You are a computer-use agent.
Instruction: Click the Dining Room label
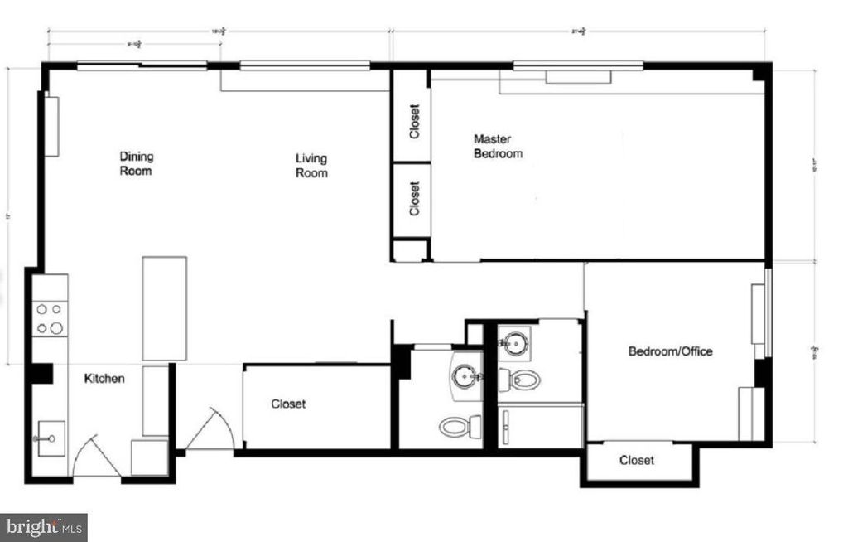pos(137,163)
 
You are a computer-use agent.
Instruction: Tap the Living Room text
pos(312,166)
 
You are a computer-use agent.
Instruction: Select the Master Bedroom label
pos(498,147)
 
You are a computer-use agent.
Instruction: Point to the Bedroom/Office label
pos(670,351)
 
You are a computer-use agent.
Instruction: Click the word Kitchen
pos(105,379)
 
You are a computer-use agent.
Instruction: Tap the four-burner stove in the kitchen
pos(50,317)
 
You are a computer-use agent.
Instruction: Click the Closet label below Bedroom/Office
pos(636,460)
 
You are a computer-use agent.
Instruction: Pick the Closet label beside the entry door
pos(288,404)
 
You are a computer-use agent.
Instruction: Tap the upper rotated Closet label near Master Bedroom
pos(415,121)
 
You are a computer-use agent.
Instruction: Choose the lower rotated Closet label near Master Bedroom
pos(415,199)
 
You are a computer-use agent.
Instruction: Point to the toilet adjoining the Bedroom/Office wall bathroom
pos(523,380)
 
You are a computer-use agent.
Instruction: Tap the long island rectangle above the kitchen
pos(164,307)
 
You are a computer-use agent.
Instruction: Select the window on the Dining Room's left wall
pos(51,126)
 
